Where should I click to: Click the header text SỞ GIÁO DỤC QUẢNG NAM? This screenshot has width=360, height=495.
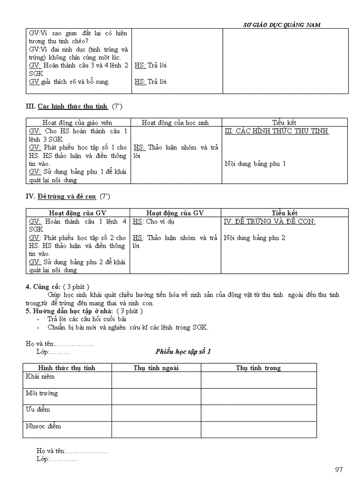point(282,25)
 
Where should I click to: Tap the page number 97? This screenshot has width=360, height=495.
point(338,469)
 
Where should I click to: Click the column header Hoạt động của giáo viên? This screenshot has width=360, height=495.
point(77,123)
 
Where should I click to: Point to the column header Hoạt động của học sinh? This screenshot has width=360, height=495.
point(175,123)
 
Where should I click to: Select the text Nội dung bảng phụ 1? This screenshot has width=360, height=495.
point(255,164)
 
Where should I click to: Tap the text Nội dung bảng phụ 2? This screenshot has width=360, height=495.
point(255,238)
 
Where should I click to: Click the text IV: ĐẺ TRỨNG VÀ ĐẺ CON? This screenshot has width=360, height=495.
point(270,222)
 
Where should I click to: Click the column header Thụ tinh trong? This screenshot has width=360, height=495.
point(258,368)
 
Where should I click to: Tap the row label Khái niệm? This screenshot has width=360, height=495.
point(40,377)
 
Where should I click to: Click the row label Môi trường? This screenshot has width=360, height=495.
point(41,393)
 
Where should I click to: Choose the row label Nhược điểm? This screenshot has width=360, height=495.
point(43,426)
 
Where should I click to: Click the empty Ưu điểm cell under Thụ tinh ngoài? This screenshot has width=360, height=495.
point(156,413)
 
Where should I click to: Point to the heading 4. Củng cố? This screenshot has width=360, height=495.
point(42,287)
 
